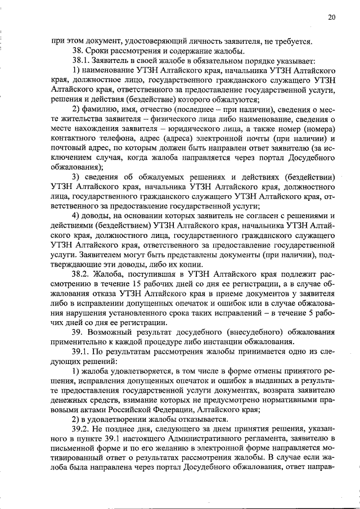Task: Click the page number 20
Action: coord(332,17)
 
